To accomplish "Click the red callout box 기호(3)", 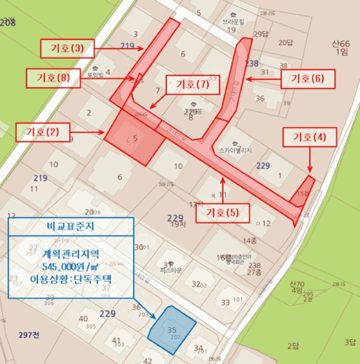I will [67, 49].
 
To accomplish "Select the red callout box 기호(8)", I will [54, 79].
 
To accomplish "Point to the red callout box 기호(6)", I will [308, 79].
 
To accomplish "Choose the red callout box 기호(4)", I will [310, 137].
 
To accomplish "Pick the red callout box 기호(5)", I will [223, 212].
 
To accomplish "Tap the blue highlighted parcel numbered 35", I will [172, 330].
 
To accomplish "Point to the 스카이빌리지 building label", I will [235, 150].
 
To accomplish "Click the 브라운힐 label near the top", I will [233, 22].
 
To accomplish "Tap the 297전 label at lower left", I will [28, 333].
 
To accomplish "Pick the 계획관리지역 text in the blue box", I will [71, 254].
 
